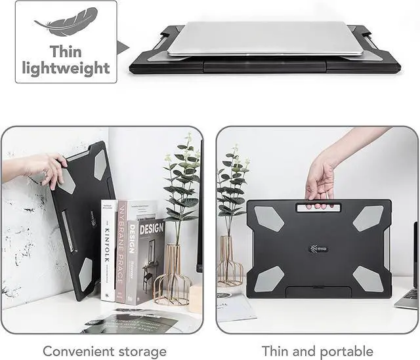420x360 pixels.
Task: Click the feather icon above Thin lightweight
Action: [66, 22]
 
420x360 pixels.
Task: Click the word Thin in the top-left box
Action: [66, 51]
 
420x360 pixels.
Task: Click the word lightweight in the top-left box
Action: [66, 68]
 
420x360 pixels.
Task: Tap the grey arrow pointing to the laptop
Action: [122, 46]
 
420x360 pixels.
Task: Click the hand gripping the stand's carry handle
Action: [320, 180]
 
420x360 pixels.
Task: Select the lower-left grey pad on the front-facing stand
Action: [269, 279]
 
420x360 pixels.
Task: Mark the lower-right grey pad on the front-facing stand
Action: [368, 279]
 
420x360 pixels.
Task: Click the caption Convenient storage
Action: [104, 351]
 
